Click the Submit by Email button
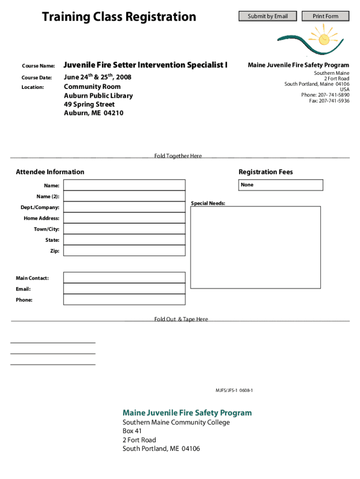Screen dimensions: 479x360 (267, 16)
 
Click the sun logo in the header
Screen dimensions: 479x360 (323, 37)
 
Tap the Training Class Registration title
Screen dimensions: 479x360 (119, 17)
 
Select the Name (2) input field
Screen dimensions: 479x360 (124, 196)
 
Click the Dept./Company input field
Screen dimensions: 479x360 (124, 207)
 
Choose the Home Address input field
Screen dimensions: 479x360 (124, 218)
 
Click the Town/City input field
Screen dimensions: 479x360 (124, 229)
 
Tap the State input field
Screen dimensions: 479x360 (124, 240)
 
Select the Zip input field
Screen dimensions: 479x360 (124, 251)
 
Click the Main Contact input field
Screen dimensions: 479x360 (124, 278)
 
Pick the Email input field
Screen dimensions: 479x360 (124, 289)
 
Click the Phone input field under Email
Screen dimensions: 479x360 (124, 300)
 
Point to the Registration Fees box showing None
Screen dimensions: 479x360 (281, 185)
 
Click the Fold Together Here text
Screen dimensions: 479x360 (178, 156)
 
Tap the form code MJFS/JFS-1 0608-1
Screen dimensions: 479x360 (234, 390)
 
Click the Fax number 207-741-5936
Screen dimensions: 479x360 (329, 101)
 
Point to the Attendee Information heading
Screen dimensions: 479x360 (50, 172)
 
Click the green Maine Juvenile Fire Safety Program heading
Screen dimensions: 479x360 (187, 413)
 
